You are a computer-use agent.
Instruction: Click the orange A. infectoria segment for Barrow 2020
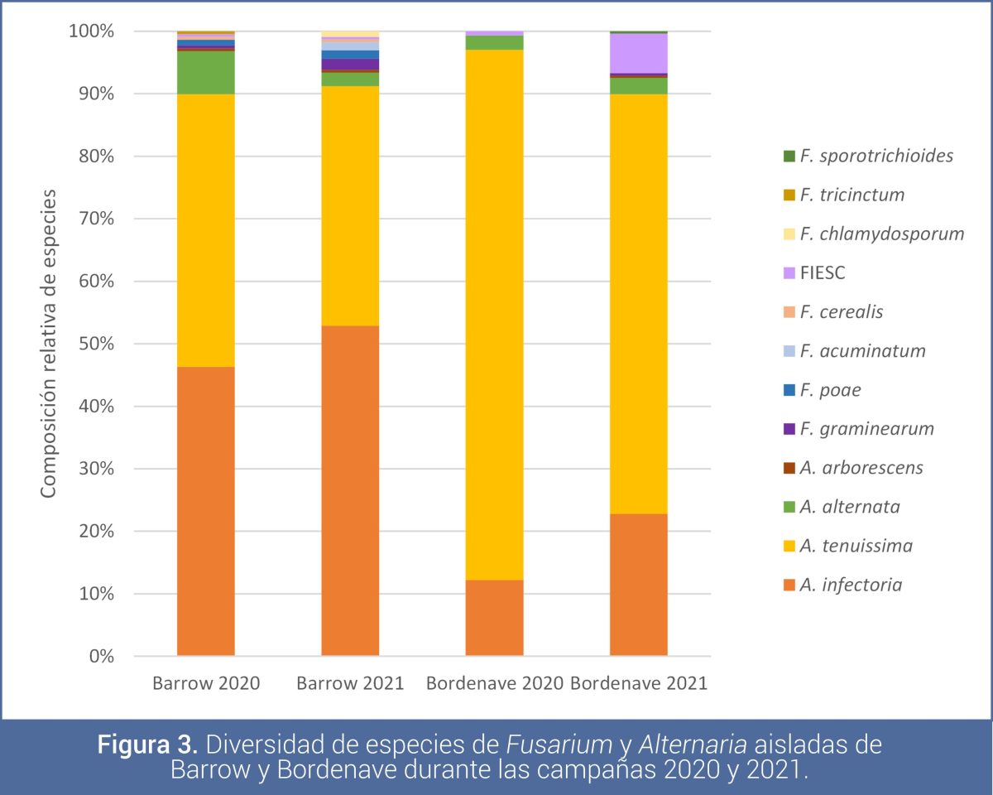[205, 511]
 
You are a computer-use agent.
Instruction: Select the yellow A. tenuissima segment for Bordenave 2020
[494, 315]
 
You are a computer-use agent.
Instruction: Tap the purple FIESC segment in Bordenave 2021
[638, 54]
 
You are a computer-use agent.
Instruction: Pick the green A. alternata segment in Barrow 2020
[205, 72]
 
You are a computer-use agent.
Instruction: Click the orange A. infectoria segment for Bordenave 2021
[638, 585]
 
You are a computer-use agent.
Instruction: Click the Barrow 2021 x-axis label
[350, 684]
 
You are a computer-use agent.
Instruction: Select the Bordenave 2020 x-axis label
[494, 684]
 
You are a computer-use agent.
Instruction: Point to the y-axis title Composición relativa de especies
[49, 344]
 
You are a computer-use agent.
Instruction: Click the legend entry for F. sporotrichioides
[875, 156]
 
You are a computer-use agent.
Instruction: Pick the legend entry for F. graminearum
[866, 429]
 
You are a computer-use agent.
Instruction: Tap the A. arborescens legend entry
[861, 468]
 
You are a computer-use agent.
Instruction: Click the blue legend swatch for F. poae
[789, 390]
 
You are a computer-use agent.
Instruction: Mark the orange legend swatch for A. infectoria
[789, 585]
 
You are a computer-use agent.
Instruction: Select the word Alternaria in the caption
[655, 744]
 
